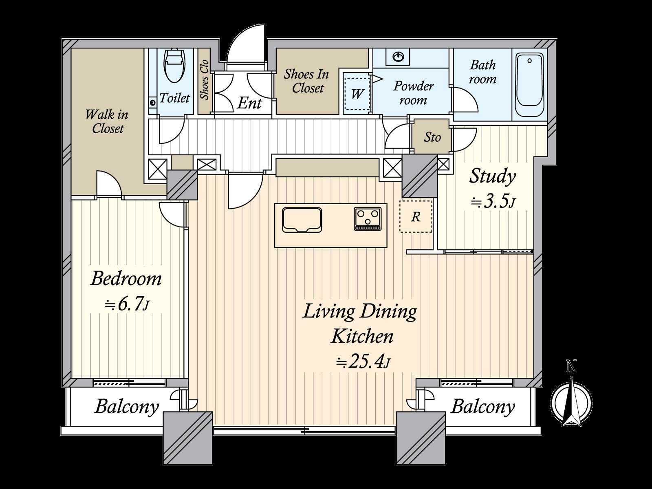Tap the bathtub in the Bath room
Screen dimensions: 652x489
pos(529,85)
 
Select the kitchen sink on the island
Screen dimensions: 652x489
pos(302,220)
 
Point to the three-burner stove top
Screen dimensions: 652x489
pos(368,218)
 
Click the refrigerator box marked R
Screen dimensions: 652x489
pos(416,216)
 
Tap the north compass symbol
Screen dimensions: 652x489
pos(571,402)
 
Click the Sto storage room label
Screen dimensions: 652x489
pos(432,137)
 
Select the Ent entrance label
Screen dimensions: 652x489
pos(249,104)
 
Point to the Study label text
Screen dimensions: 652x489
pos(492,177)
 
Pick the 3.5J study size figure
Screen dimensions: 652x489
pos(493,202)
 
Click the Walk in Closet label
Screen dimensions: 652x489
pos(107,122)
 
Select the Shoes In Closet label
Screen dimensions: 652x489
pos(306,81)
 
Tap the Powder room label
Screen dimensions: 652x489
pos(414,93)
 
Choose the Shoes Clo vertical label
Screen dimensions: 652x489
pos(205,79)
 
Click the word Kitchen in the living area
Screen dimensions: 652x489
pos(362,336)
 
